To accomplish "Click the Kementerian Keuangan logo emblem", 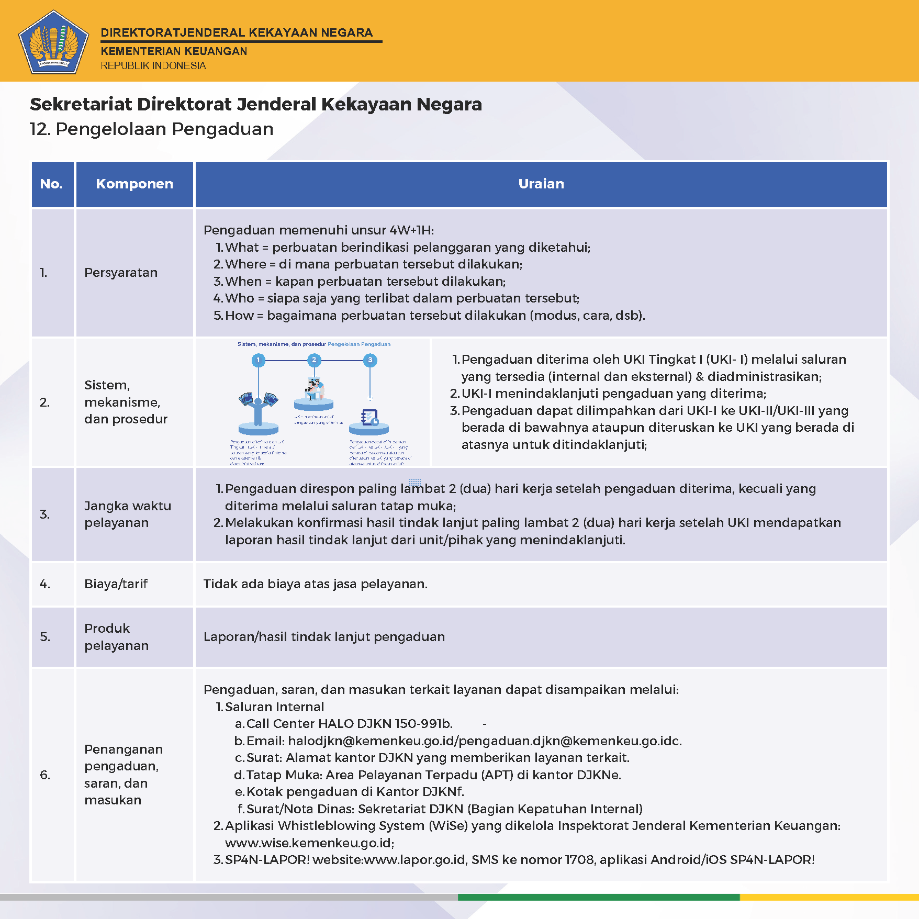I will (x=53, y=42).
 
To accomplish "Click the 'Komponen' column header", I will (x=135, y=184).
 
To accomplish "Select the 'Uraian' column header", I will (x=541, y=184).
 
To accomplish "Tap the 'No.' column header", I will (x=51, y=184).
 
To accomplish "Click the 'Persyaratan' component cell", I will (x=121, y=273).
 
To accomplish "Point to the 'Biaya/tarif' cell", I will (x=116, y=584).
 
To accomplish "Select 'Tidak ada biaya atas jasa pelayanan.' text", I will (x=316, y=584).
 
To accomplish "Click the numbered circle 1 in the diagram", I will (x=258, y=360).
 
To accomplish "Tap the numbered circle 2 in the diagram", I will (x=314, y=360).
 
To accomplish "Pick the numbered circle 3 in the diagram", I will (x=370, y=360).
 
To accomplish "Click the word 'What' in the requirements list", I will (x=242, y=248).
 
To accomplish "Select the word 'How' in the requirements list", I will (x=239, y=316).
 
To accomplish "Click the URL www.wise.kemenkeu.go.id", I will (x=309, y=843).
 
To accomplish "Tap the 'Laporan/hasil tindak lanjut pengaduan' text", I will (x=324, y=637).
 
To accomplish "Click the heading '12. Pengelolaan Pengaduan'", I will (x=152, y=129).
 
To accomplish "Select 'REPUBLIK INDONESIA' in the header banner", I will (x=153, y=66).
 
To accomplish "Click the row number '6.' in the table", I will (x=45, y=775).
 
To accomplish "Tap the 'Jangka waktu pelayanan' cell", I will (x=127, y=514).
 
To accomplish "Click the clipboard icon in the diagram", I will (x=369, y=418).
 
